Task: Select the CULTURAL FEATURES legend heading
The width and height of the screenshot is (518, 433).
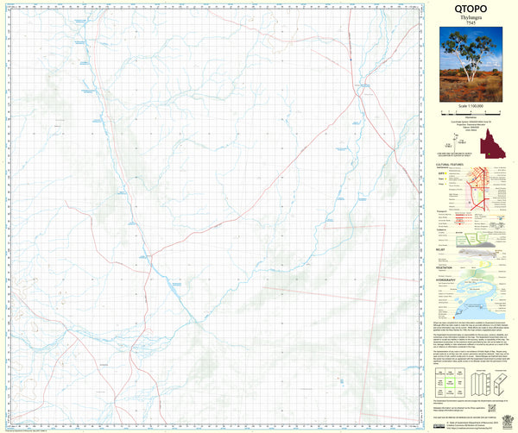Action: pyautogui.click(x=452, y=162)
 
